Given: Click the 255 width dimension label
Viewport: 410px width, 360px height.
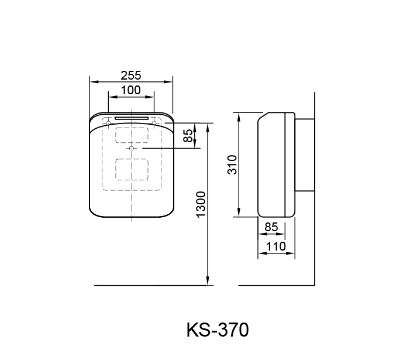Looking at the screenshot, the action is click(131, 76).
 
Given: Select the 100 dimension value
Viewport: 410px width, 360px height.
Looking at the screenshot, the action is click(131, 90).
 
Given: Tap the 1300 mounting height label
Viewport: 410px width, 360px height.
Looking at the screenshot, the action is click(201, 205).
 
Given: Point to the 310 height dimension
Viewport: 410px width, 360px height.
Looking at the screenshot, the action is click(232, 164).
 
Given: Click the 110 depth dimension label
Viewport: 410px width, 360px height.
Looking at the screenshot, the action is click(276, 246).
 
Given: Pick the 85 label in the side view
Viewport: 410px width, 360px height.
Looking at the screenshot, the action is click(271, 227).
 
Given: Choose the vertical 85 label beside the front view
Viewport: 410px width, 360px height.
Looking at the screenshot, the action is click(188, 136).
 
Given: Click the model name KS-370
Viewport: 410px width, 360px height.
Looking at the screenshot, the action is click(218, 330).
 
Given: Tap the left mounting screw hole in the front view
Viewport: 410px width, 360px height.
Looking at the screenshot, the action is click(108, 123).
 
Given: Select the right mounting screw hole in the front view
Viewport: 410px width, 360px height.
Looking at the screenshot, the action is click(154, 123).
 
